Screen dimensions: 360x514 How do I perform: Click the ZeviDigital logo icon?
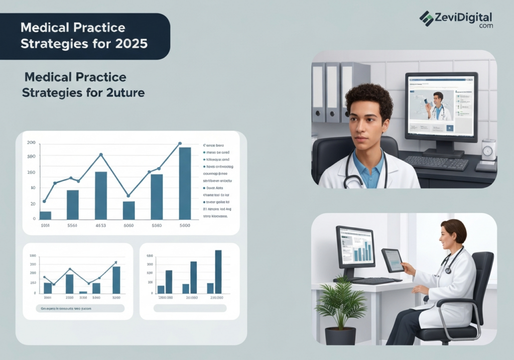coord(426,19)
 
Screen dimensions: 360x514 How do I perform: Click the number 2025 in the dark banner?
coord(132,44)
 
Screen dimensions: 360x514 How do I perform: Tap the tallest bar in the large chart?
coord(185,183)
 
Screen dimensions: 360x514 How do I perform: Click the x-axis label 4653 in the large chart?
coord(100,226)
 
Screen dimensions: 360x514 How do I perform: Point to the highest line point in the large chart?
coord(180,144)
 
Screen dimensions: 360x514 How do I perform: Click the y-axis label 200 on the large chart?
coord(31,143)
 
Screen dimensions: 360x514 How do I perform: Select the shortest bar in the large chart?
coord(45,215)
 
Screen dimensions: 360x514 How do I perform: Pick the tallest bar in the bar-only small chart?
coord(218,272)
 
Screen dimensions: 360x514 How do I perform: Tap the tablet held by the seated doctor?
coord(392,260)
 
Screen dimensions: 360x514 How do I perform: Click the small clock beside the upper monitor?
coord(488,151)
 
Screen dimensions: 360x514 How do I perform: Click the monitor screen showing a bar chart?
coord(356,246)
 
